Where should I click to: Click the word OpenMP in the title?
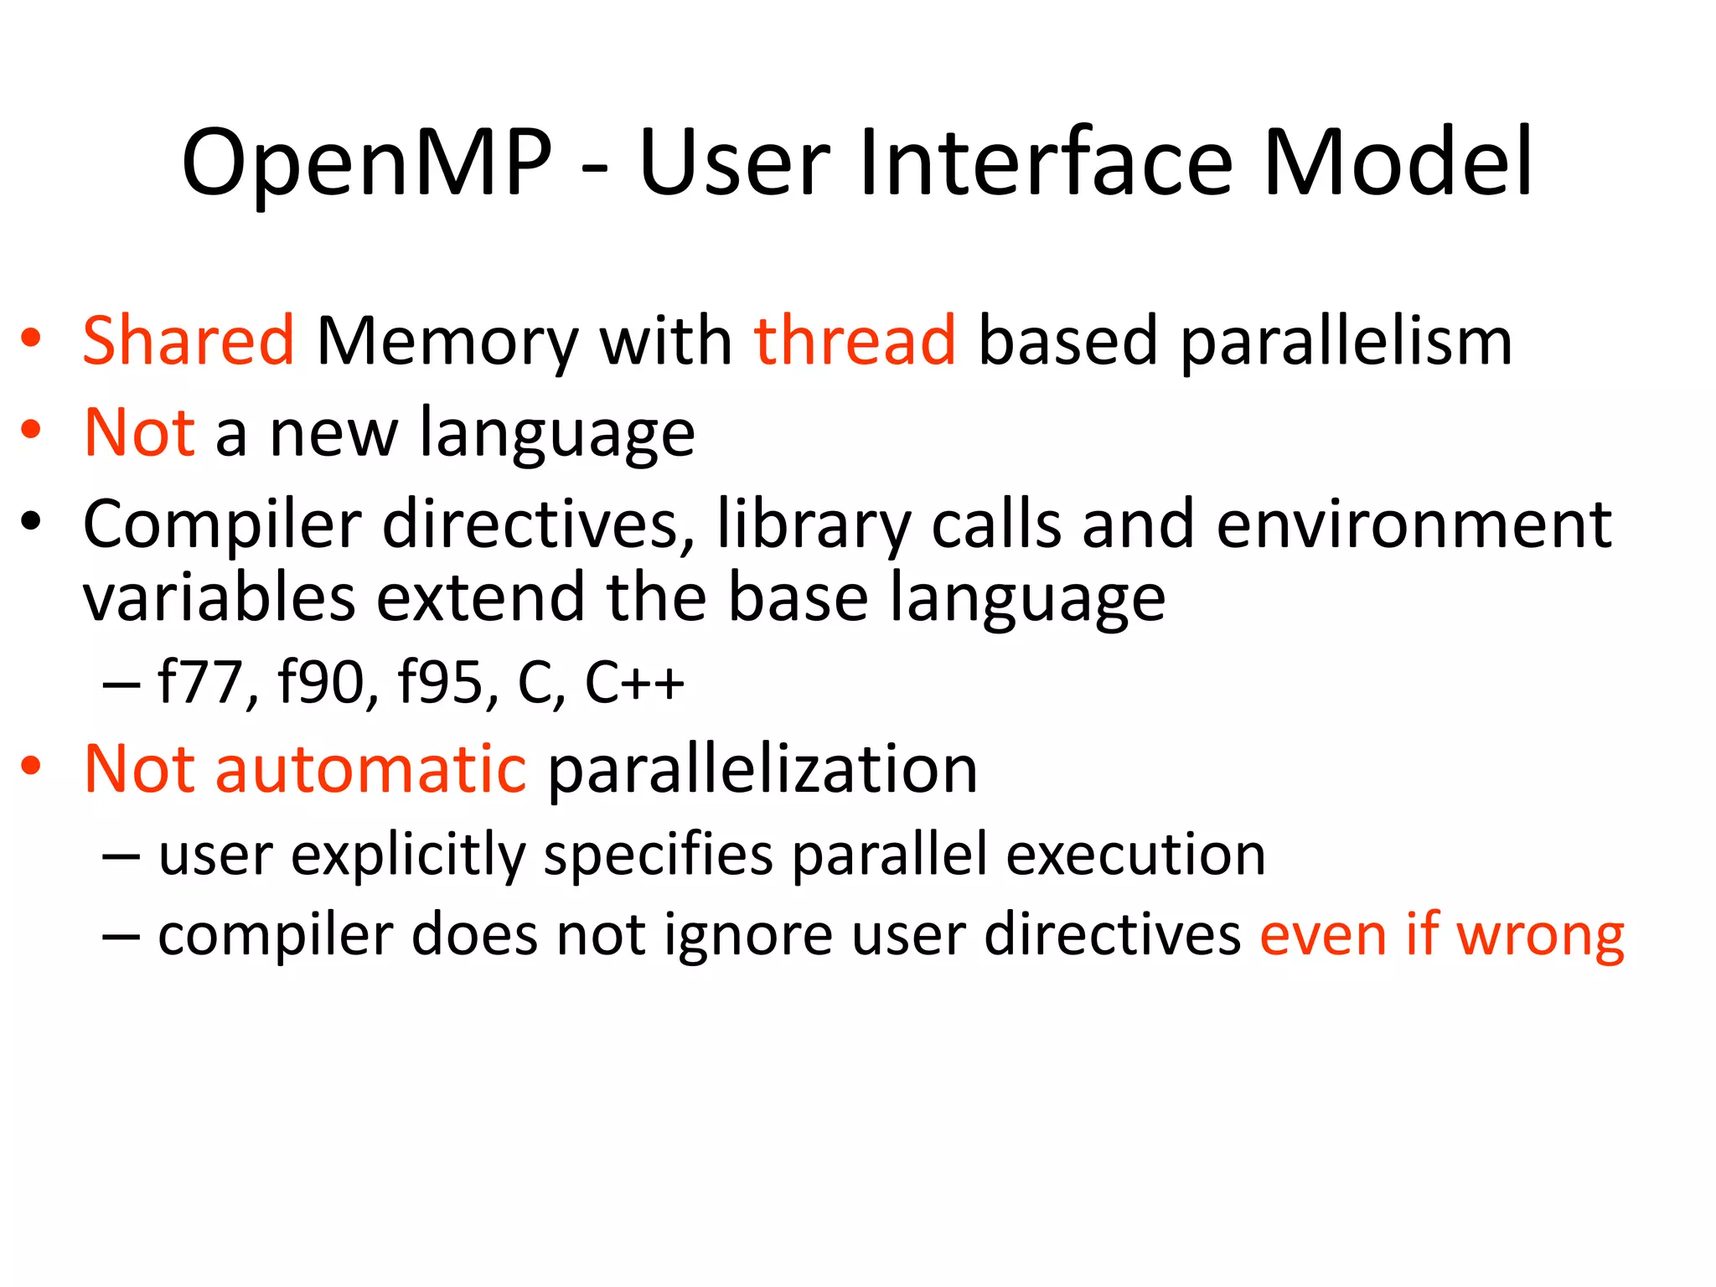click(367, 163)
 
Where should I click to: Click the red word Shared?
click(189, 341)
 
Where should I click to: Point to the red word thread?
click(855, 341)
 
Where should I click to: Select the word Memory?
click(447, 343)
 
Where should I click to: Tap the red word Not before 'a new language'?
click(140, 433)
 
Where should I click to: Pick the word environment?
click(1414, 525)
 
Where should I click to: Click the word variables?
click(220, 597)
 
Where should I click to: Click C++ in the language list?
click(634, 682)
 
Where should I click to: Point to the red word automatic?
click(370, 769)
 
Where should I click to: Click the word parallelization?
click(762, 769)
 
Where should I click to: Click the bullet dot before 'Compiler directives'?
click(31, 522)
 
